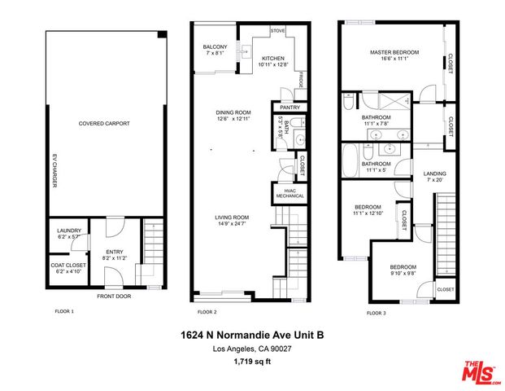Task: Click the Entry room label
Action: pyautogui.click(x=113, y=254)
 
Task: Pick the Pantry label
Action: pyautogui.click(x=290, y=108)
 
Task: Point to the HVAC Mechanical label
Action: pyautogui.click(x=290, y=193)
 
